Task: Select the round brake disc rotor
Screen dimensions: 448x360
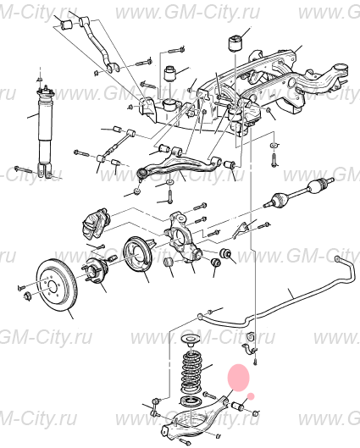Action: pyautogui.click(x=56, y=286)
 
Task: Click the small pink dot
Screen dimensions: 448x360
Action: pyautogui.click(x=251, y=396)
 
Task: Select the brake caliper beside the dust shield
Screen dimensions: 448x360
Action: pyautogui.click(x=96, y=225)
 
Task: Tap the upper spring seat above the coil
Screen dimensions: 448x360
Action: pyautogui.click(x=191, y=342)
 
